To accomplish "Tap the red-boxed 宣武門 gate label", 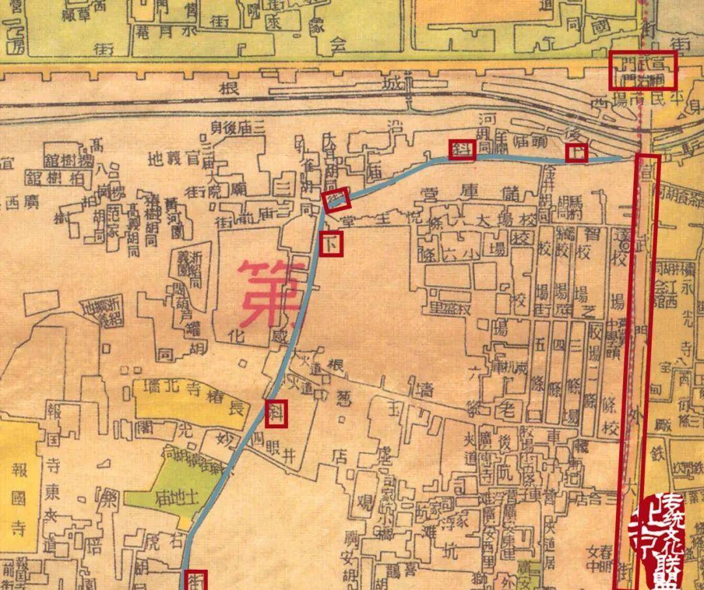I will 642,70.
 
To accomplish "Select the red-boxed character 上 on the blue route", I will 576,153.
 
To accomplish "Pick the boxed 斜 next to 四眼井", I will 277,413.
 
